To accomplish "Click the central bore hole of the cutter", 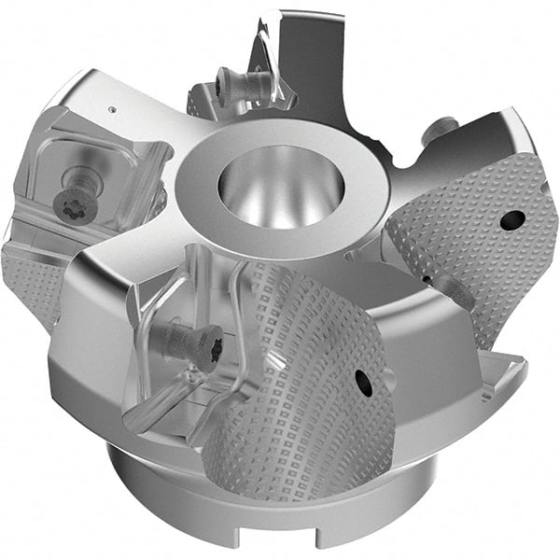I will point(280,187).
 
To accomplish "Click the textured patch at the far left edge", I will point(28,280).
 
